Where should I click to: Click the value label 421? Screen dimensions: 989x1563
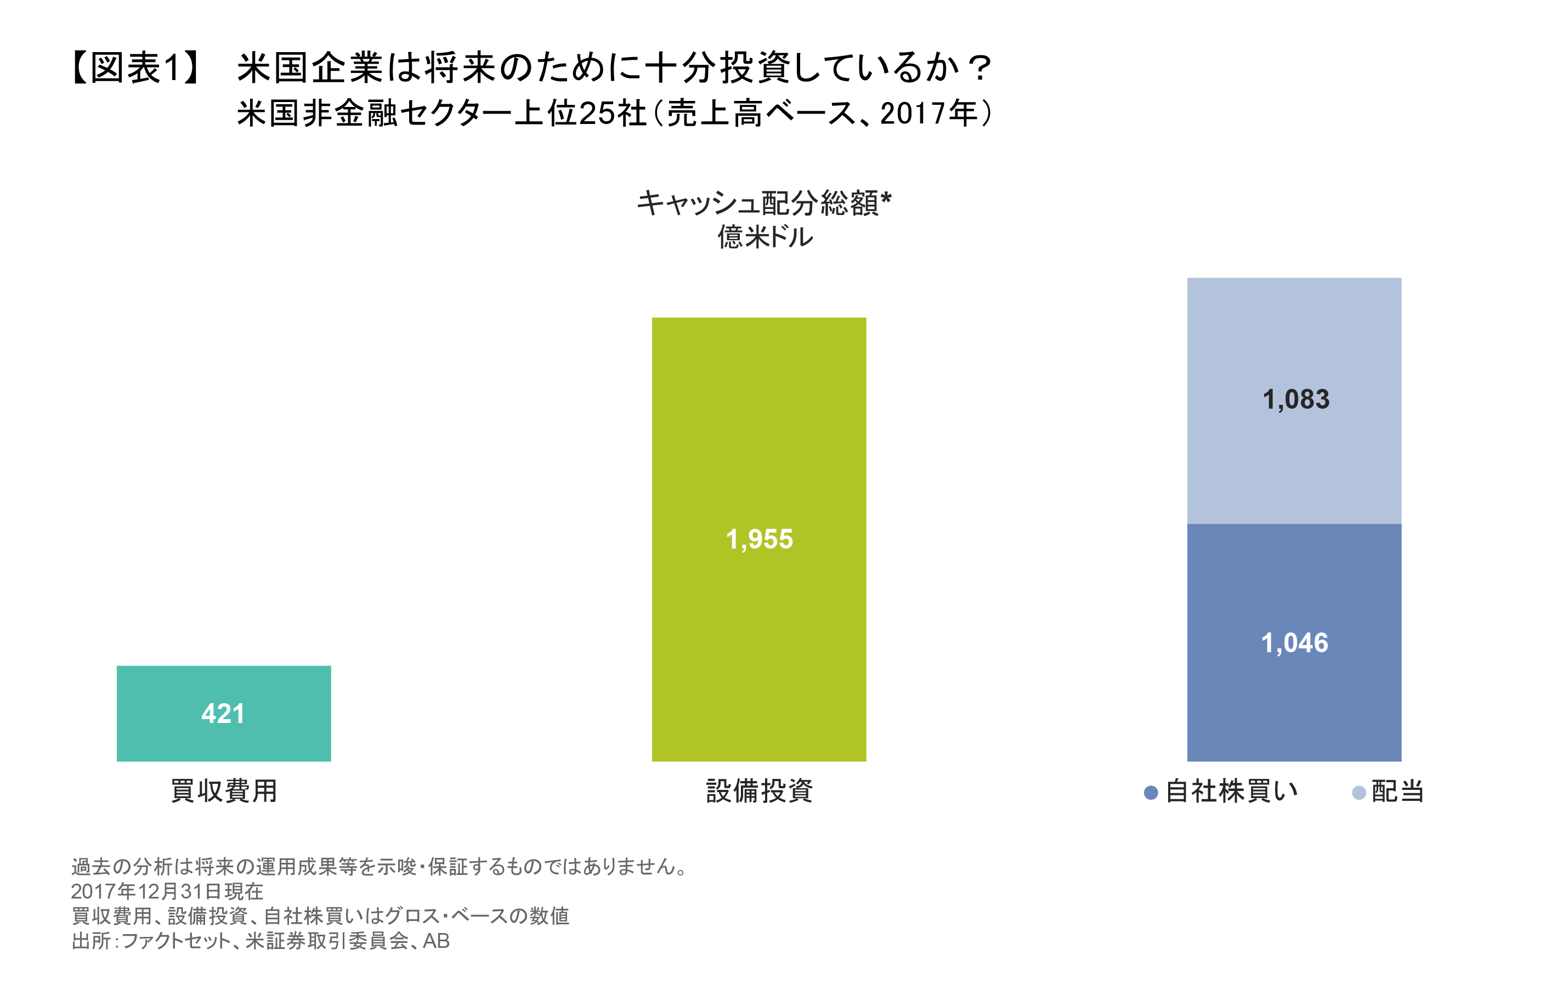coord(223,714)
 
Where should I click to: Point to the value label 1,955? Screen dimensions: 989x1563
coord(759,539)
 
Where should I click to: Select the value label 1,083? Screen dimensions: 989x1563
coord(1295,399)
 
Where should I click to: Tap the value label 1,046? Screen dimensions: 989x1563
coord(1294,643)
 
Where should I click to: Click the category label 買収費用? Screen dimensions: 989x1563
coord(224,791)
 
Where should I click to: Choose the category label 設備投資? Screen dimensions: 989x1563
coord(759,791)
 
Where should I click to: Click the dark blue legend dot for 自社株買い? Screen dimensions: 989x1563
coord(1151,793)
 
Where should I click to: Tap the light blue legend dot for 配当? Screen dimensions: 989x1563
coord(1358,793)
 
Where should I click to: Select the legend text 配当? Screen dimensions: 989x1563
coord(1397,792)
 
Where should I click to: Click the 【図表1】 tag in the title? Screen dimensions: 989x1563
coord(135,67)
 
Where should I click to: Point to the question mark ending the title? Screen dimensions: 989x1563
coord(979,67)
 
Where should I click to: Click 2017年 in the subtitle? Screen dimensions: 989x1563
coord(929,114)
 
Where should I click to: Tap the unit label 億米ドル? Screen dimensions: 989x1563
coord(764,237)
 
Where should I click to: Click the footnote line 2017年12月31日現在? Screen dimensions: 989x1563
coord(167,891)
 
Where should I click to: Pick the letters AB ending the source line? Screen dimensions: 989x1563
coord(436,941)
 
